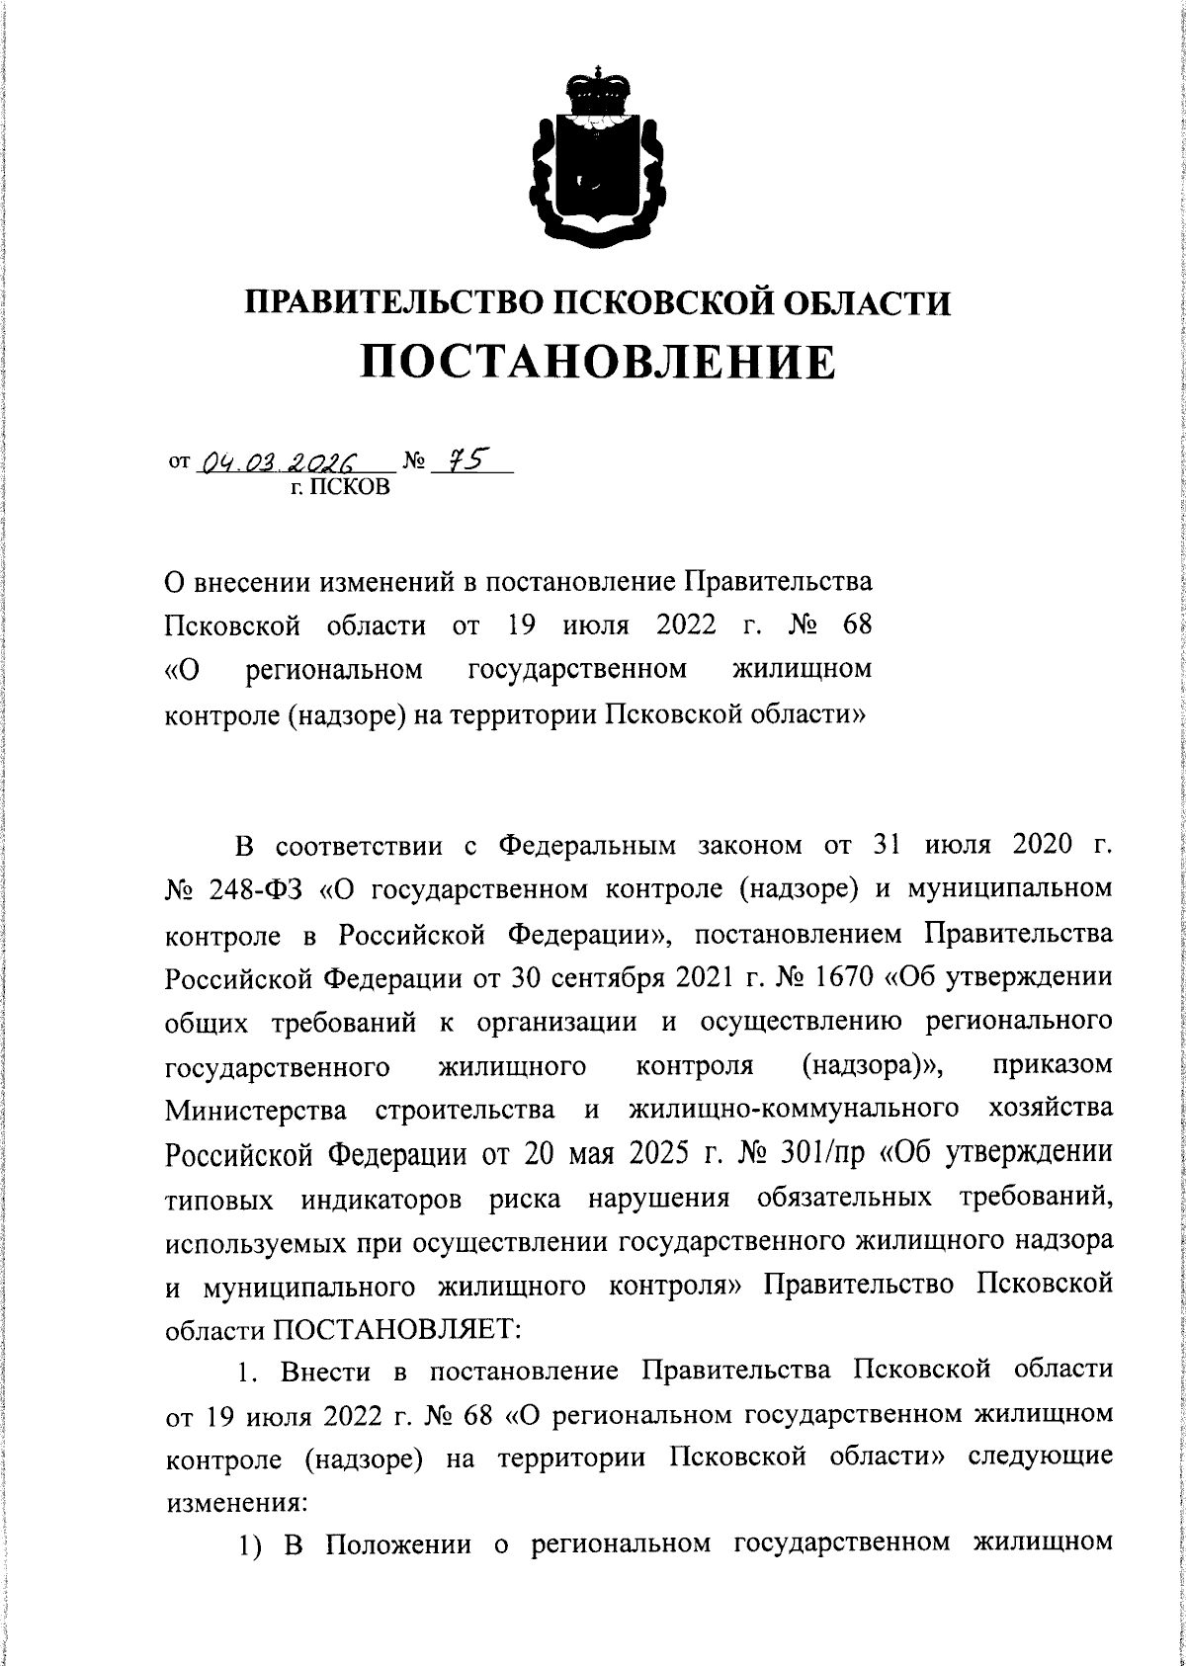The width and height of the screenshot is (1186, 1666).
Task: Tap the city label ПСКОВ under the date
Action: pos(346,487)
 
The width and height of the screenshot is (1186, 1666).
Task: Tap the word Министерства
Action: pos(256,1111)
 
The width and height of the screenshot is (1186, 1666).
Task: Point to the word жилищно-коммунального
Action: pos(794,1109)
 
